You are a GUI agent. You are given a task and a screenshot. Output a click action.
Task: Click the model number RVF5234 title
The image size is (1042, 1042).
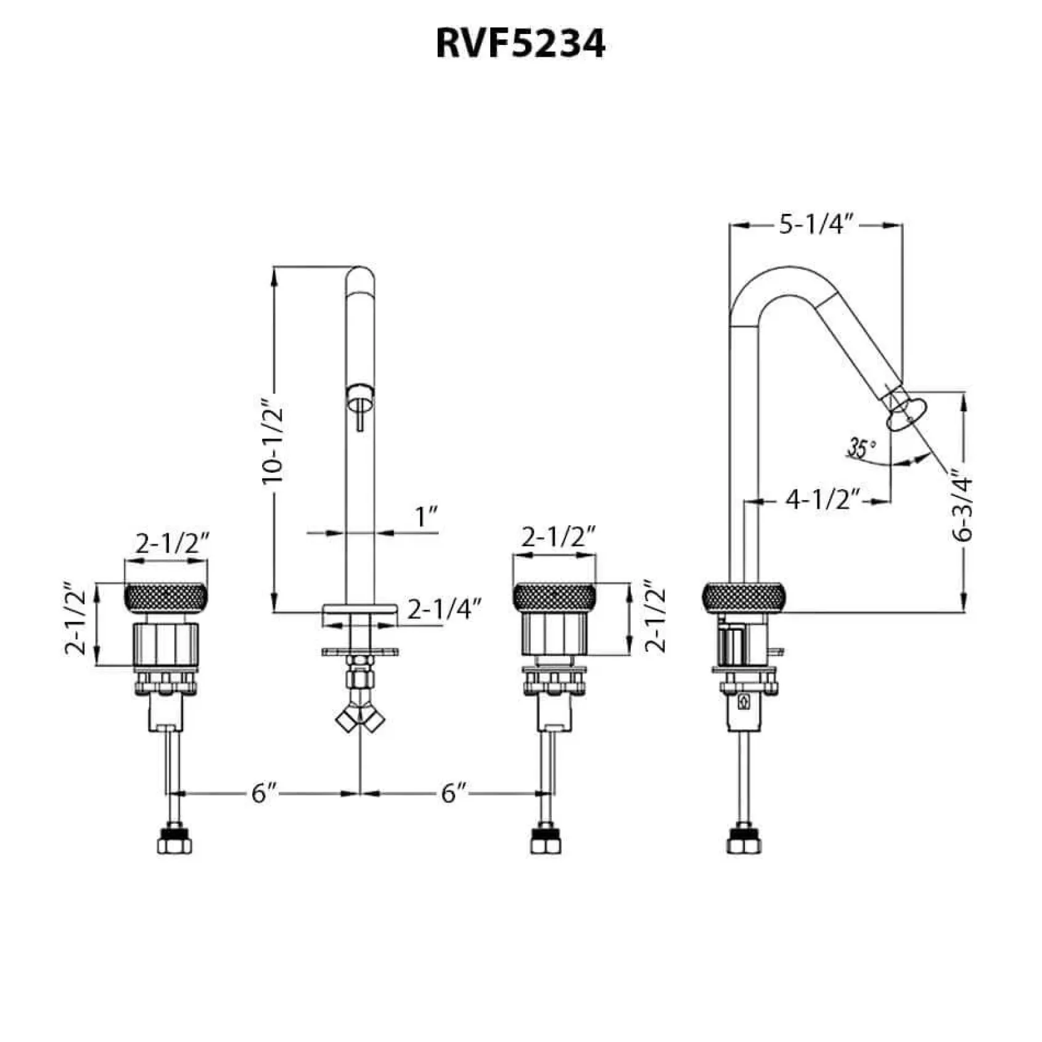point(520,44)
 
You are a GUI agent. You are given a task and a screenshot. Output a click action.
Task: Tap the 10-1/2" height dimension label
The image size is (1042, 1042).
point(272,443)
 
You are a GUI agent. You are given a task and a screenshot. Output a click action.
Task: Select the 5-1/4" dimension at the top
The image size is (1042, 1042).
point(816,225)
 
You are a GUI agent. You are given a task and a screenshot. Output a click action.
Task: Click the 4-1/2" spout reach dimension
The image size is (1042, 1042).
point(823,499)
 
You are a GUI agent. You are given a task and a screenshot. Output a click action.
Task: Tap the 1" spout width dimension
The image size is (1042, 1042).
point(425,517)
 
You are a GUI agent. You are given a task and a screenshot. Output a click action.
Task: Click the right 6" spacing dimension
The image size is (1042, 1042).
point(452,793)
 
